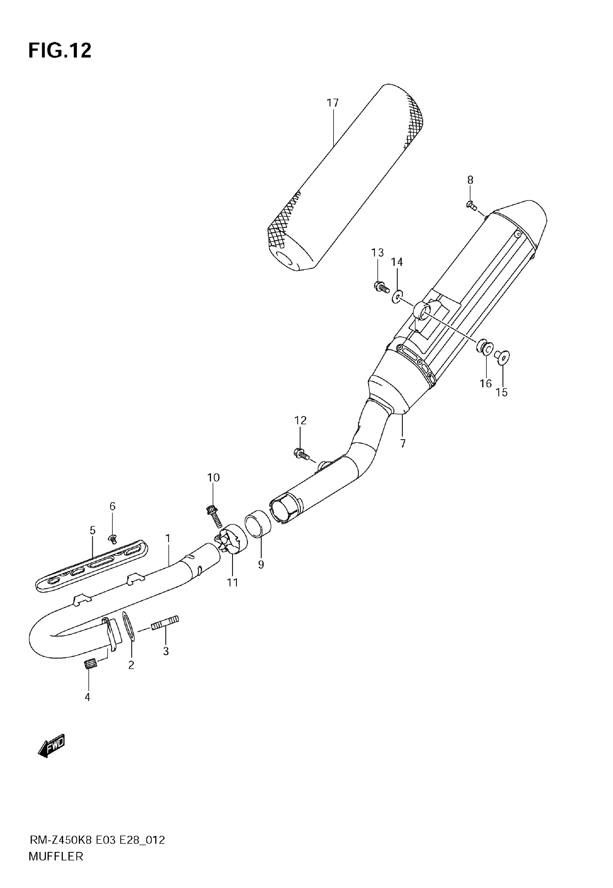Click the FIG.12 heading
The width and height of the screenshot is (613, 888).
tap(60, 50)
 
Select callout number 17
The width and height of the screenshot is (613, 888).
tap(332, 103)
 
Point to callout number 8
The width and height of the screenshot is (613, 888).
tap(470, 180)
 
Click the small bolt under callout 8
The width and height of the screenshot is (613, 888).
tap(471, 206)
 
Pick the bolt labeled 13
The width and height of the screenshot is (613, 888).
tap(381, 286)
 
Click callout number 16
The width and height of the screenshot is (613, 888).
tap(485, 383)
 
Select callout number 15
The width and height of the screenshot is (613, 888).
tap(502, 392)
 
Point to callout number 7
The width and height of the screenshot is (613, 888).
tap(402, 444)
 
